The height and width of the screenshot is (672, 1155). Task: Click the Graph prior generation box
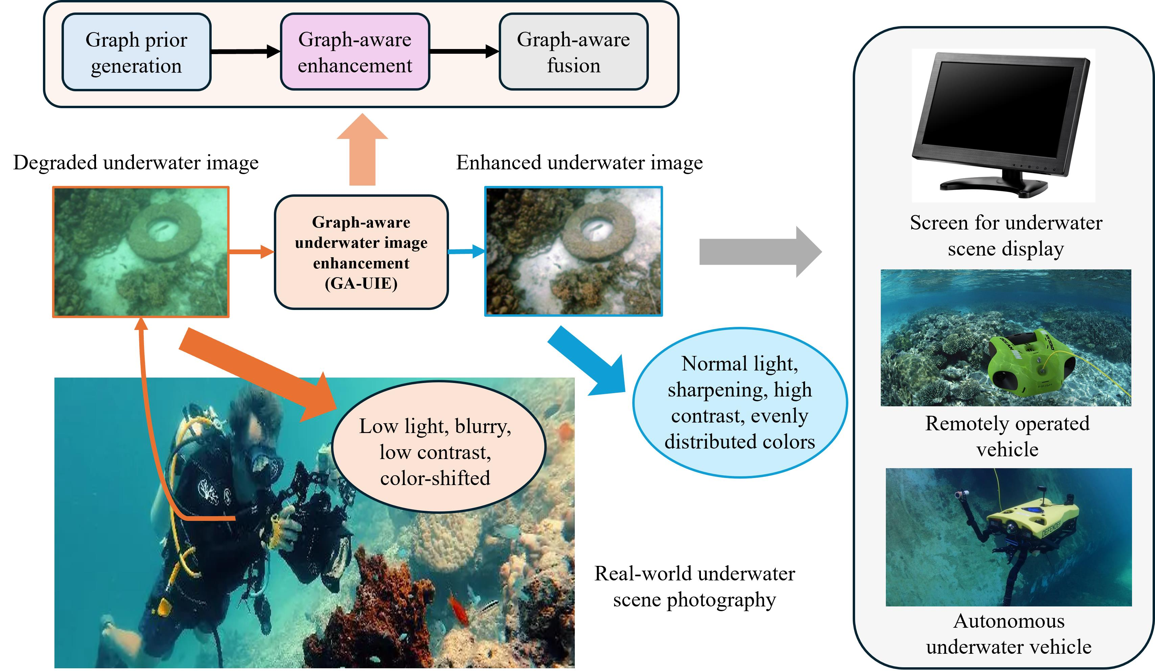click(136, 52)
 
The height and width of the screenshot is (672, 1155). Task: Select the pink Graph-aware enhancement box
click(355, 52)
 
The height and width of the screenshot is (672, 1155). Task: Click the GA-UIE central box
click(361, 253)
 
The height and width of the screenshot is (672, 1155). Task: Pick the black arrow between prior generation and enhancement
click(245, 51)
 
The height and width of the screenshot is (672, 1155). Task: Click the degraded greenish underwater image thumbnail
click(141, 251)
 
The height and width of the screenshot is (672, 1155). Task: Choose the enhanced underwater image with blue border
click(573, 251)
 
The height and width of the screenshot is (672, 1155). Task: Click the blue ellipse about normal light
click(739, 403)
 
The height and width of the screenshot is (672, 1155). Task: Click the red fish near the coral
click(458, 607)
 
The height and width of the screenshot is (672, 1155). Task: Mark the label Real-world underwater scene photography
click(694, 586)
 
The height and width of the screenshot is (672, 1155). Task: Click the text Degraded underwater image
click(136, 163)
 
